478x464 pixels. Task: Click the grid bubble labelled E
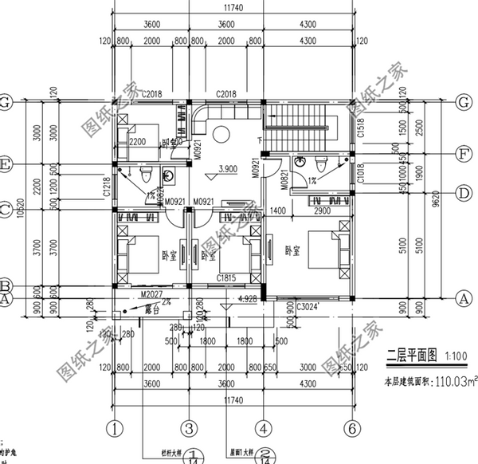pyautogui.click(x=7, y=165)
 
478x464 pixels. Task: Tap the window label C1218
pyautogui.click(x=107, y=189)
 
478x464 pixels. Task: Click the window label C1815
pyautogui.click(x=227, y=279)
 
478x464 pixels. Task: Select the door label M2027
pyautogui.click(x=151, y=294)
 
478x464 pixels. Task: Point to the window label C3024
pyautogui.click(x=308, y=305)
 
